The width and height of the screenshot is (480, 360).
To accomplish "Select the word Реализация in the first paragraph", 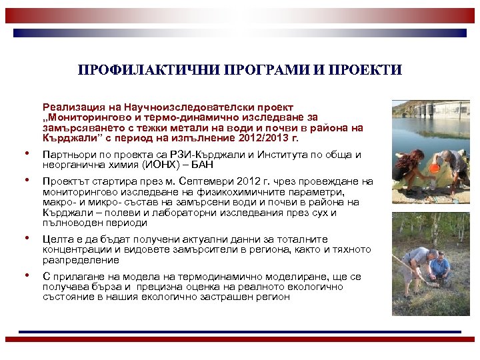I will (x=73, y=107).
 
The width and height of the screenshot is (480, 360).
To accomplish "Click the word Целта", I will (x=57, y=239).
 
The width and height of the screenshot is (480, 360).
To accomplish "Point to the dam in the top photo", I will (x=433, y=110).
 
